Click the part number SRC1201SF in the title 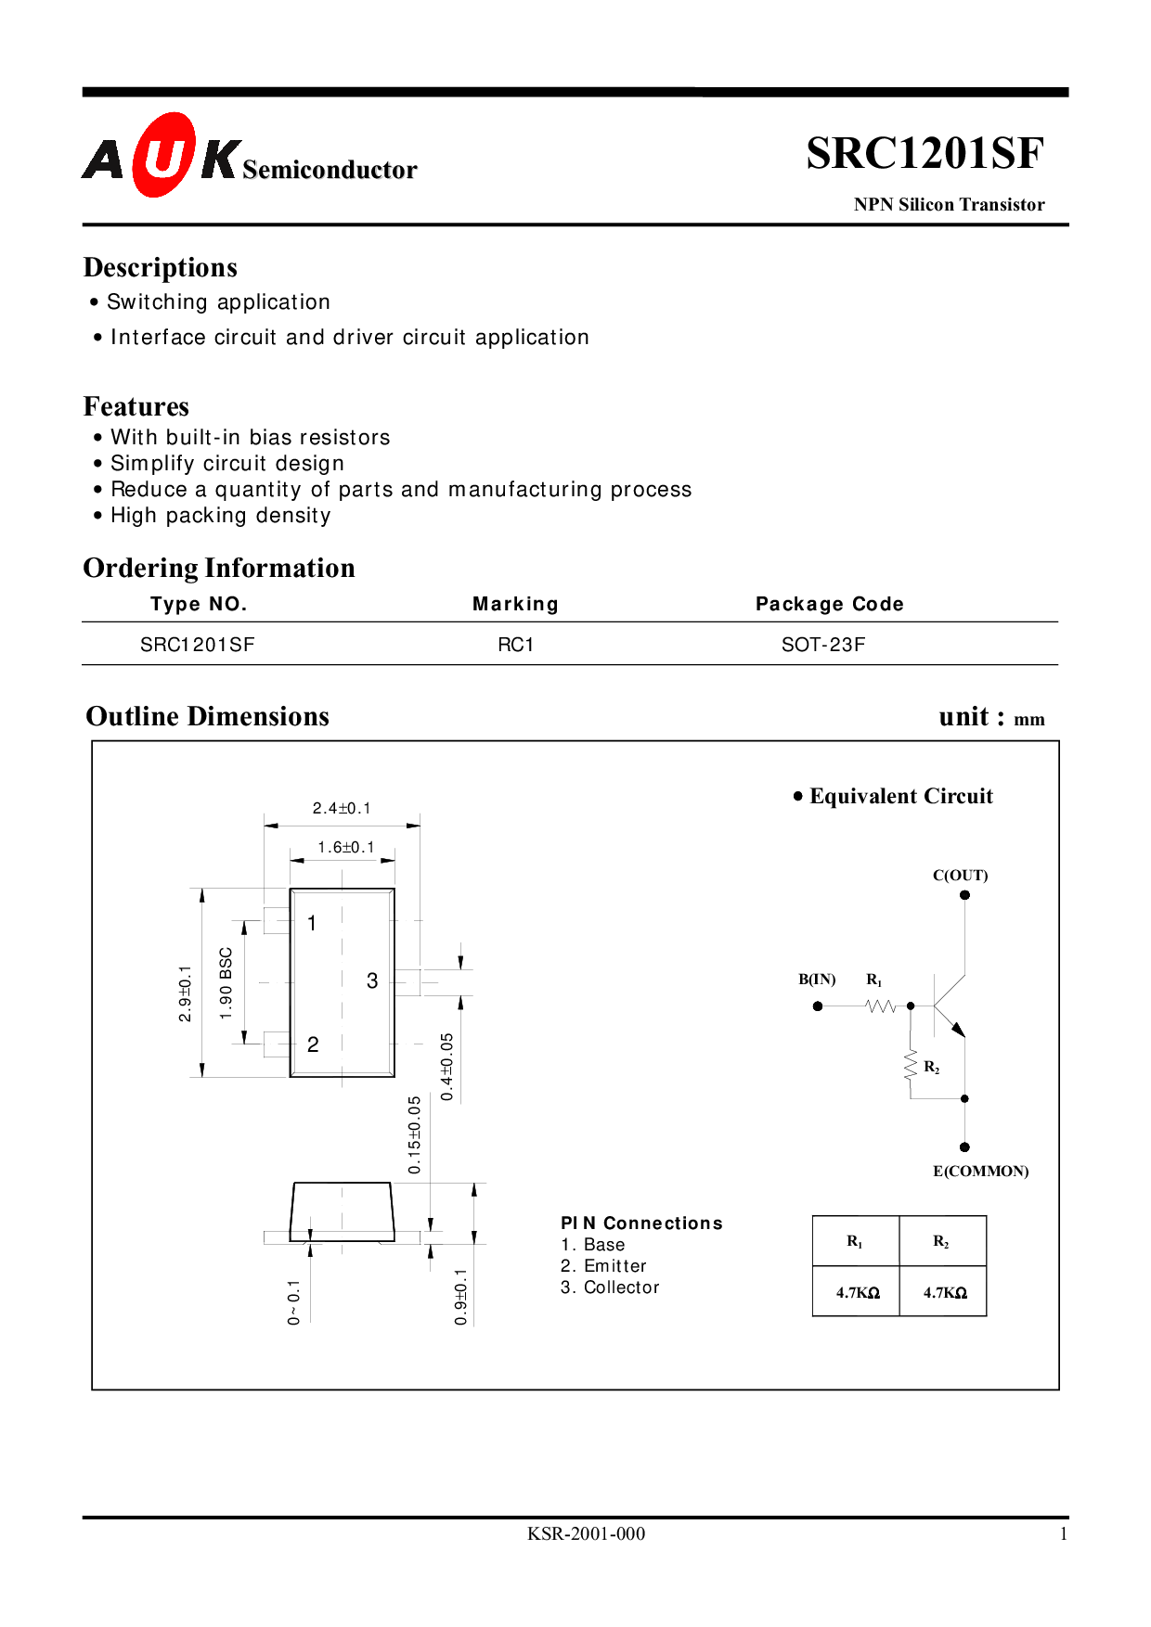(x=925, y=153)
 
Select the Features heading (x=136, y=406)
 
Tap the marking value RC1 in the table (x=516, y=645)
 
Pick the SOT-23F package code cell (x=823, y=645)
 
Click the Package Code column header (x=830, y=604)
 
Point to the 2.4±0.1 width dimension (x=342, y=808)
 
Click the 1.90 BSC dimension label (x=226, y=983)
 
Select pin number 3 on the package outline (x=372, y=980)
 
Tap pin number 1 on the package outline (x=312, y=923)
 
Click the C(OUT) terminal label (x=961, y=875)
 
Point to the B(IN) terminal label (x=817, y=980)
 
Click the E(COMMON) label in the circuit (x=981, y=1172)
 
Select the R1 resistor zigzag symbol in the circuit (x=880, y=1006)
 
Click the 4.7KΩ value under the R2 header (x=945, y=1292)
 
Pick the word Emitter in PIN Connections (x=615, y=1266)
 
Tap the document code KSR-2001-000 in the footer (x=586, y=1534)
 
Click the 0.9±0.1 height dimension (x=461, y=1297)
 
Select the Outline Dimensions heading (x=208, y=716)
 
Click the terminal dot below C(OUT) (x=964, y=895)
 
